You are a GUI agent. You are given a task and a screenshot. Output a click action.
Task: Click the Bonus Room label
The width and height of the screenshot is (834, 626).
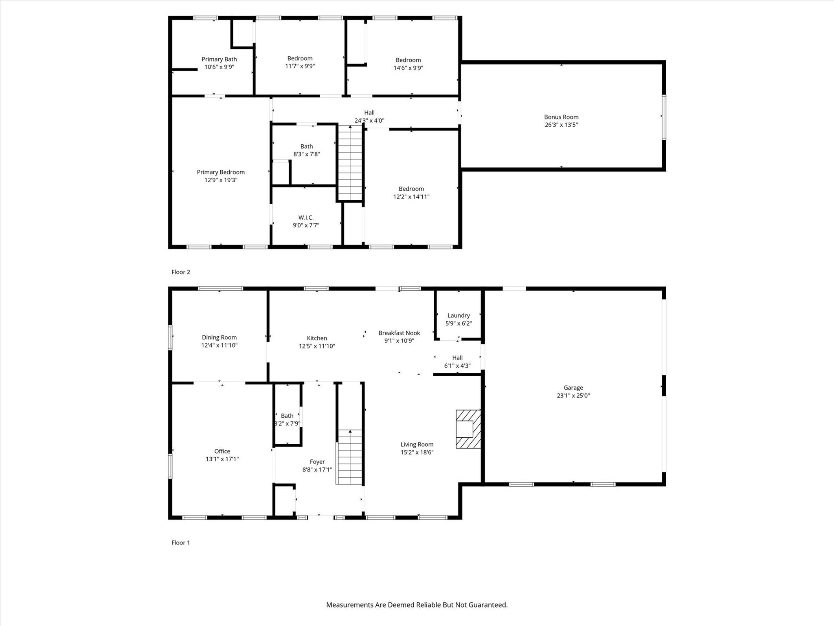(x=561, y=117)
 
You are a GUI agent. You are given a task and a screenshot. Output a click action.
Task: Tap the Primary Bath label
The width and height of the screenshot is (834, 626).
(x=219, y=60)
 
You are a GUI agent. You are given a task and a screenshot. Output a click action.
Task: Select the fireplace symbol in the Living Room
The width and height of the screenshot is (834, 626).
(x=468, y=429)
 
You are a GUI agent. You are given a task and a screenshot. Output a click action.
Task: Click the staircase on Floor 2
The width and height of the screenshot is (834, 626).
(x=350, y=163)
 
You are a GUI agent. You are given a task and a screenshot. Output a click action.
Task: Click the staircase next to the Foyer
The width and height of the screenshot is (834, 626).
(x=349, y=457)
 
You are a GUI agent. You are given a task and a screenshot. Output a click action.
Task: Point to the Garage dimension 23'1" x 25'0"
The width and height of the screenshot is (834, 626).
(x=573, y=395)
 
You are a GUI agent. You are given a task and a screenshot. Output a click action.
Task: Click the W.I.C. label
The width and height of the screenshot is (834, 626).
(x=306, y=218)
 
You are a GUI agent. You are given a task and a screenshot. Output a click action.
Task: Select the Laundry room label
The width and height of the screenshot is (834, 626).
(x=459, y=315)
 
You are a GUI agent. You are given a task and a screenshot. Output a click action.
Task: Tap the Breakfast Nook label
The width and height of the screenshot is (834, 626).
(x=399, y=333)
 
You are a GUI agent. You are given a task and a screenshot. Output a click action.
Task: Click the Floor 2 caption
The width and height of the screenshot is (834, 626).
(x=181, y=272)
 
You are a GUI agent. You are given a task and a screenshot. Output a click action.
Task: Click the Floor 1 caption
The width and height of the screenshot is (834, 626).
(x=180, y=542)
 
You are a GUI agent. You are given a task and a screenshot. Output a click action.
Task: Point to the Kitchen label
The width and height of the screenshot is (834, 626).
(x=317, y=338)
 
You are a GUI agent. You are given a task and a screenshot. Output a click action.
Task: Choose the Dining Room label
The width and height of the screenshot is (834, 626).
(x=219, y=337)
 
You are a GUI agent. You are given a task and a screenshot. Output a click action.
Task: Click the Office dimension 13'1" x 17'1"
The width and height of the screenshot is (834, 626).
(x=222, y=459)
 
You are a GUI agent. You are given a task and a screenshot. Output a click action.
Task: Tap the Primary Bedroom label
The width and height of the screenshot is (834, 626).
(x=221, y=172)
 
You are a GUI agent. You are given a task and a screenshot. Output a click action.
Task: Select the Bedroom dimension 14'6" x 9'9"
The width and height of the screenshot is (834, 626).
(x=408, y=68)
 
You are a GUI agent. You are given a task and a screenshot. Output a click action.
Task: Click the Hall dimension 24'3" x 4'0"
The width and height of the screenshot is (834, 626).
(x=369, y=121)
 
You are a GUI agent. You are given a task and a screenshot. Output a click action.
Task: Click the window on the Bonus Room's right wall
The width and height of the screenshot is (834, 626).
(x=664, y=117)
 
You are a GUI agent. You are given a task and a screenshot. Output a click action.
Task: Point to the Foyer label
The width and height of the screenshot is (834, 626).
(x=317, y=462)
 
